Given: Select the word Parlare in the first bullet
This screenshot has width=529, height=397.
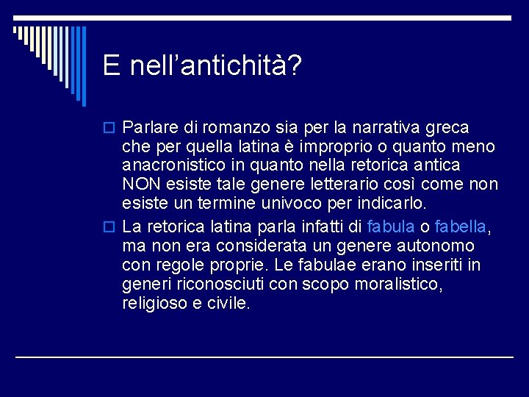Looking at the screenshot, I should tap(147, 128).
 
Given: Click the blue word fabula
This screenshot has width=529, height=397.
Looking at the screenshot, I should tap(390, 226).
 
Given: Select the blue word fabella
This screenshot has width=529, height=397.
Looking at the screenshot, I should tap(461, 226).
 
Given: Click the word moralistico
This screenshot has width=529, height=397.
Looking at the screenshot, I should tap(400, 283).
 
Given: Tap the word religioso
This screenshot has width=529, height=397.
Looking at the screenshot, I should tap(153, 302).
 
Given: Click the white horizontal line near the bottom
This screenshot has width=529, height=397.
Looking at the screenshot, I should tap(264, 357).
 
